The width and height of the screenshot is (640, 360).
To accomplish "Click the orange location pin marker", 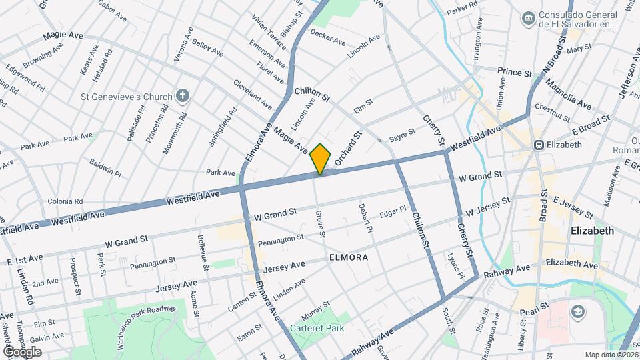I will pos(320,159).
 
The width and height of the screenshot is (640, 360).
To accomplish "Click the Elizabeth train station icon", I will pos(537,145).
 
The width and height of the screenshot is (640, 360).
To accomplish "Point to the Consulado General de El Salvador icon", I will pos(529,17).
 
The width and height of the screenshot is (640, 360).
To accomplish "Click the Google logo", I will pos(22,351).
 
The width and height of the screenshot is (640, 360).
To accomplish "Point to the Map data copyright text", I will pos(611,355).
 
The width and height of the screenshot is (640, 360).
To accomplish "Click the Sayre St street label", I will pos(402,133).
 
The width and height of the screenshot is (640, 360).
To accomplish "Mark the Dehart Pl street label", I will pos(363,218).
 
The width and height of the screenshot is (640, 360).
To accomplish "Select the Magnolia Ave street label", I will pos(568,95).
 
